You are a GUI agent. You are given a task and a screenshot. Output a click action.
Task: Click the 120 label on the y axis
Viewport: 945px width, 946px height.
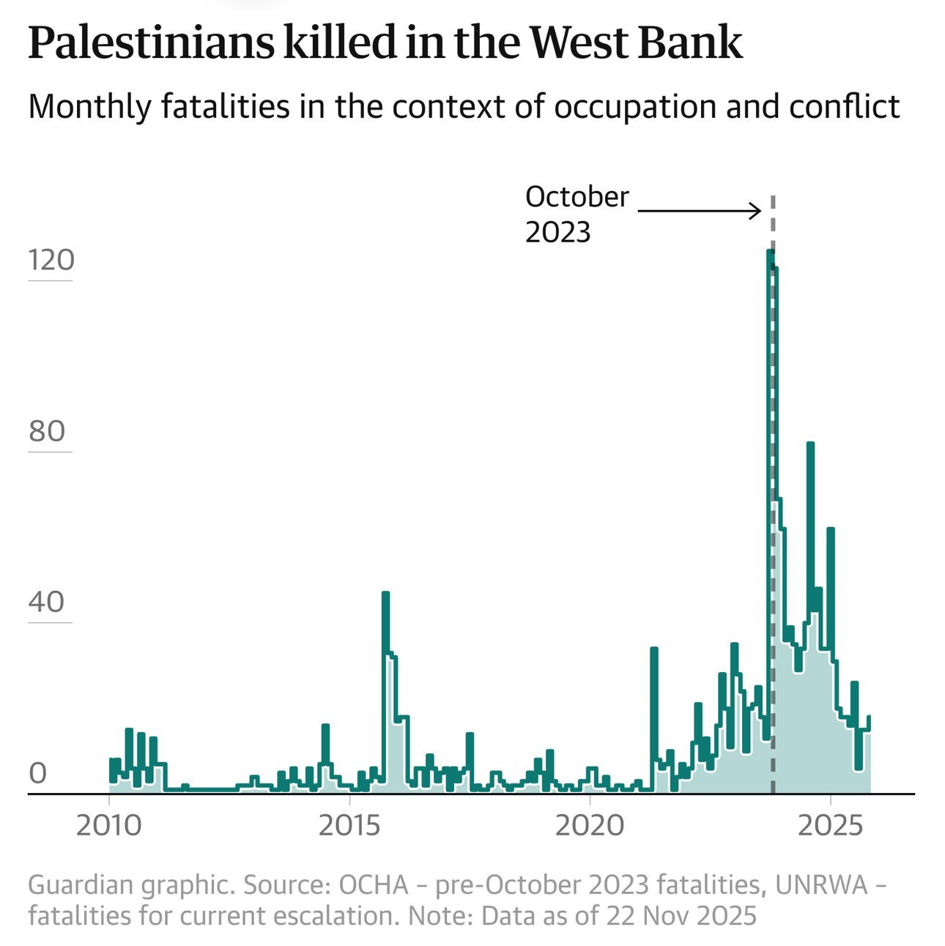point(51,260)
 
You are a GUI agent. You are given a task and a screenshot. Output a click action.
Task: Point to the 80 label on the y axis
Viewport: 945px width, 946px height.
point(48,431)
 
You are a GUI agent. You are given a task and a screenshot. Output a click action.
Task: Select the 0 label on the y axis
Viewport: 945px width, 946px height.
point(37,773)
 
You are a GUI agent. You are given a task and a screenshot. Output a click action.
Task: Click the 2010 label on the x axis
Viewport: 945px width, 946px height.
point(109,826)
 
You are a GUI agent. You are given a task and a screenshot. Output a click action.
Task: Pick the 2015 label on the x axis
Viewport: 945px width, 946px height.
point(350,826)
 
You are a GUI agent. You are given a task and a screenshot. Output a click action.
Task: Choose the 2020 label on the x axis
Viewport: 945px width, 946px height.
point(590,826)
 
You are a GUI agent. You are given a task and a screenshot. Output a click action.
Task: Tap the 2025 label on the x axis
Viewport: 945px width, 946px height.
point(831,826)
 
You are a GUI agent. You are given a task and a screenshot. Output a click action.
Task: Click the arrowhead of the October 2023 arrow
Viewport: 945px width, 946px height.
point(758,212)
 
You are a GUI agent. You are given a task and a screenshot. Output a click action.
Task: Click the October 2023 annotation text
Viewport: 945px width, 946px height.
point(577,214)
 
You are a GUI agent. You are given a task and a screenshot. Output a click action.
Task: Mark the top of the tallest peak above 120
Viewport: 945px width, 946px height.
point(770,252)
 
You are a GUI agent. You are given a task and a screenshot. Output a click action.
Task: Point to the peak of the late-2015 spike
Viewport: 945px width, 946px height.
point(385,594)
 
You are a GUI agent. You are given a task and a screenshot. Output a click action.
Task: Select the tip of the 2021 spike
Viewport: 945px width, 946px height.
point(653,649)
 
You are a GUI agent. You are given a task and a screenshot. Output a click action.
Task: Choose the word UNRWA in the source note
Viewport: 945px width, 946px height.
point(820,885)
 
